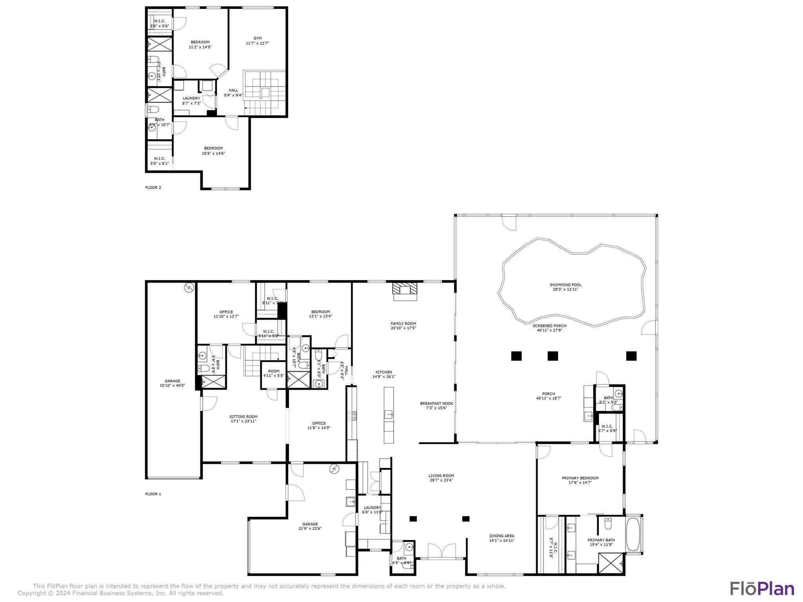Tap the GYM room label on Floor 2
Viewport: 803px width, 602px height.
coord(257,38)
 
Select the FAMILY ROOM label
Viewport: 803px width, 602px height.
coord(403,324)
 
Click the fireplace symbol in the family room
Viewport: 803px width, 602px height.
coord(405,290)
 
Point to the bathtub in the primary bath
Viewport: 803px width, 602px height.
coord(633,534)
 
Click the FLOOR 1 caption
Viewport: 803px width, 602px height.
coord(153,494)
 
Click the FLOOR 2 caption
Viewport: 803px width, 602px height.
coord(153,187)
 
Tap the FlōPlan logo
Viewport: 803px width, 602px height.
coord(762,589)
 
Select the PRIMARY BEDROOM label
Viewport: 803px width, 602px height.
coord(580,478)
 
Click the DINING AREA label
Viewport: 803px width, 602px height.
coord(501,536)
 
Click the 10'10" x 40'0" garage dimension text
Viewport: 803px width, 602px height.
coord(172,386)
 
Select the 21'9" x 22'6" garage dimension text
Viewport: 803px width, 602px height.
coord(310,528)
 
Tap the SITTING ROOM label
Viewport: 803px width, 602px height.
coord(243,417)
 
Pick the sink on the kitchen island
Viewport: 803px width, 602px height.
coord(389,414)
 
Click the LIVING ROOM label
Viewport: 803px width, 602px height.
coord(441,476)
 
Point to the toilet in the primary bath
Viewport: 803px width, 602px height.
coord(608,523)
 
